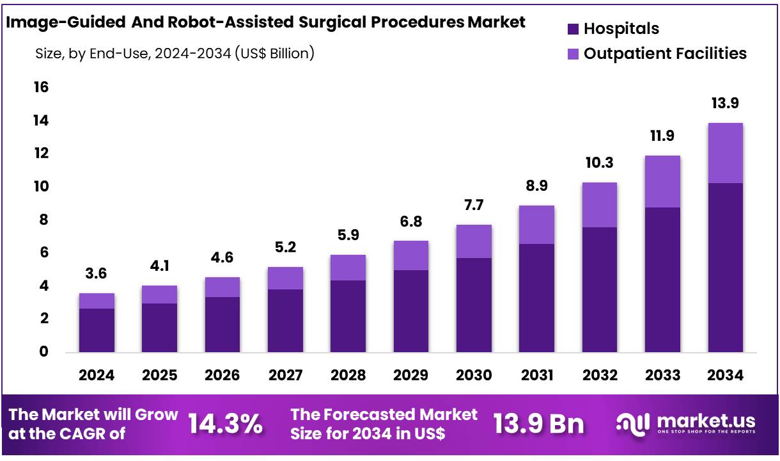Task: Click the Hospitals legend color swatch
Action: tap(573, 29)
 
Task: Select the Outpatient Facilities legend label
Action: tap(665, 53)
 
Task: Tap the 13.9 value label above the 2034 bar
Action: tap(725, 103)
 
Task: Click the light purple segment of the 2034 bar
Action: tap(725, 153)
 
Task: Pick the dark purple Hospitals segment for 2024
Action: tap(97, 330)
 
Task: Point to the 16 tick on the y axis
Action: tap(41, 87)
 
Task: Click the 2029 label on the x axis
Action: tap(410, 375)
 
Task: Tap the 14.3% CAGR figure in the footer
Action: tap(225, 424)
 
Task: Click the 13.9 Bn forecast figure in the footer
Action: tap(538, 424)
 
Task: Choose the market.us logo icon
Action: tap(633, 423)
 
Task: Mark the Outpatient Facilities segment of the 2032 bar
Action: tap(599, 205)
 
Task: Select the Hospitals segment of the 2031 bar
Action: tap(536, 298)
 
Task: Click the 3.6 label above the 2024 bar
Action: tap(97, 273)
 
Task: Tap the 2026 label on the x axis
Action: tap(222, 375)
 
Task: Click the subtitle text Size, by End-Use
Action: tap(95, 54)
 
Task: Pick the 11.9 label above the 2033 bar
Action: tap(662, 136)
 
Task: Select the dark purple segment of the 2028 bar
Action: tap(348, 316)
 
